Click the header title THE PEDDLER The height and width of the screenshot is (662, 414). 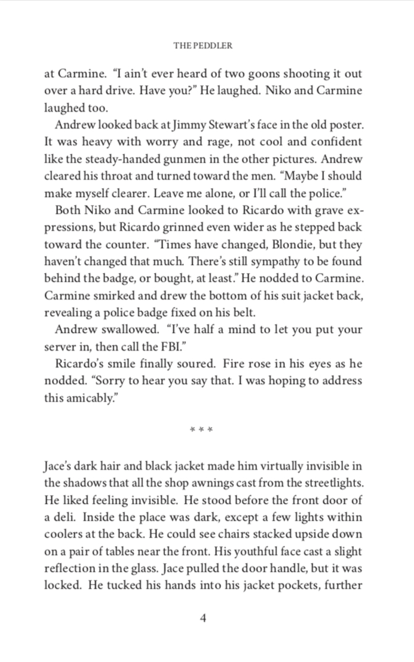[203, 46]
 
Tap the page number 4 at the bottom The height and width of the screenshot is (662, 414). [203, 618]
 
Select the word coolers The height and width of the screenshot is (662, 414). [63, 535]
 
